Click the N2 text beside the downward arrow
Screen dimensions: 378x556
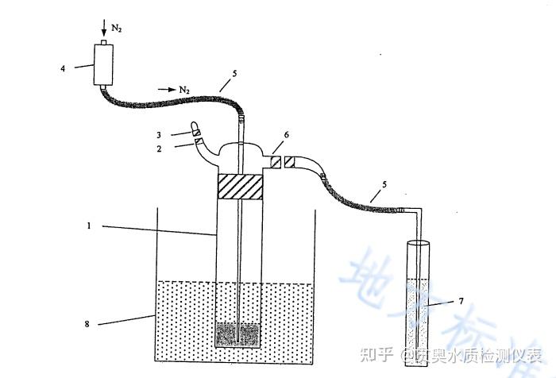117,28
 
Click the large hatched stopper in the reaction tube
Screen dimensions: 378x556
240,188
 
